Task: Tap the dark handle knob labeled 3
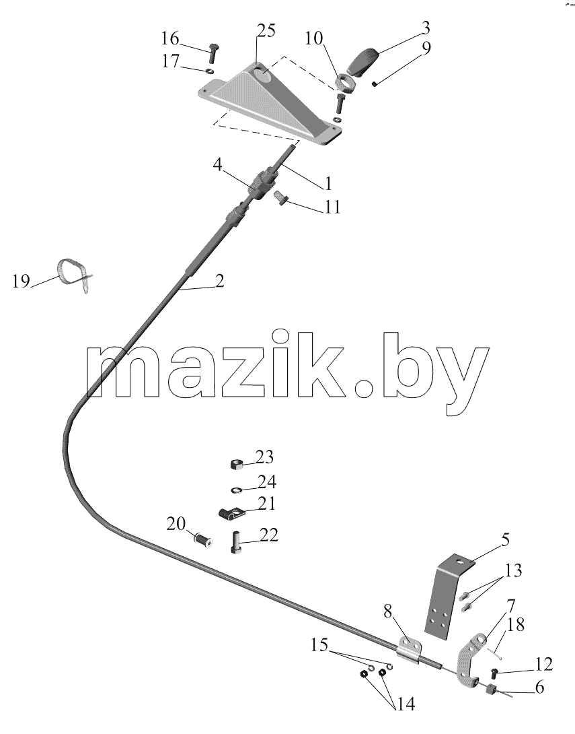point(365,61)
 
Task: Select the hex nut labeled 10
point(346,83)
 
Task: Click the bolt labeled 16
point(213,53)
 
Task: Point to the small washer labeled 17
point(210,71)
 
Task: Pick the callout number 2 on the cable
point(220,281)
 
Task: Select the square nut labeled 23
point(237,465)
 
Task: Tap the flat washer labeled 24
point(237,490)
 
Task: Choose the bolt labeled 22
point(237,543)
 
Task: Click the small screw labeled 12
point(494,673)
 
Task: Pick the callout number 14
point(405,703)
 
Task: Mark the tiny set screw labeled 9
point(375,84)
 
